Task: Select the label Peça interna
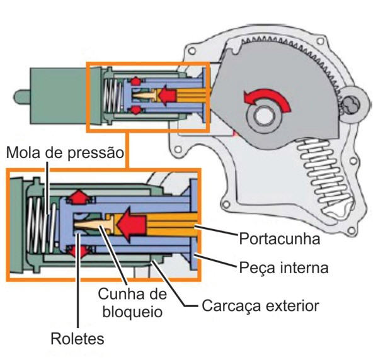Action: (x=283, y=267)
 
